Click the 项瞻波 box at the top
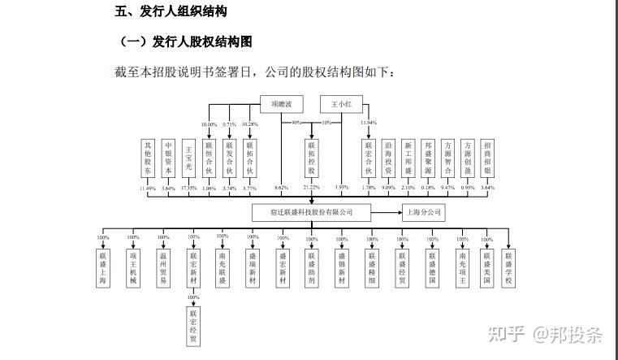point(281,104)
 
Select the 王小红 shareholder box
point(340,104)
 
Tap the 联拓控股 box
point(311,158)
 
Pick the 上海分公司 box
point(424,212)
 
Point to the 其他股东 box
point(148,158)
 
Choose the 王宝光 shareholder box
point(188,158)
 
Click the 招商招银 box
point(487,158)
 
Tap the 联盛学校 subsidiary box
point(508,269)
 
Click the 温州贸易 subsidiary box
point(163,269)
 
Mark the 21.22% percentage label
point(311,189)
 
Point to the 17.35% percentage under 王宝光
point(188,189)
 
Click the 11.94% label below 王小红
point(368,123)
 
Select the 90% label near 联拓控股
point(297,123)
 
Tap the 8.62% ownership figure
point(281,189)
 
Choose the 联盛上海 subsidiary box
point(103,269)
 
